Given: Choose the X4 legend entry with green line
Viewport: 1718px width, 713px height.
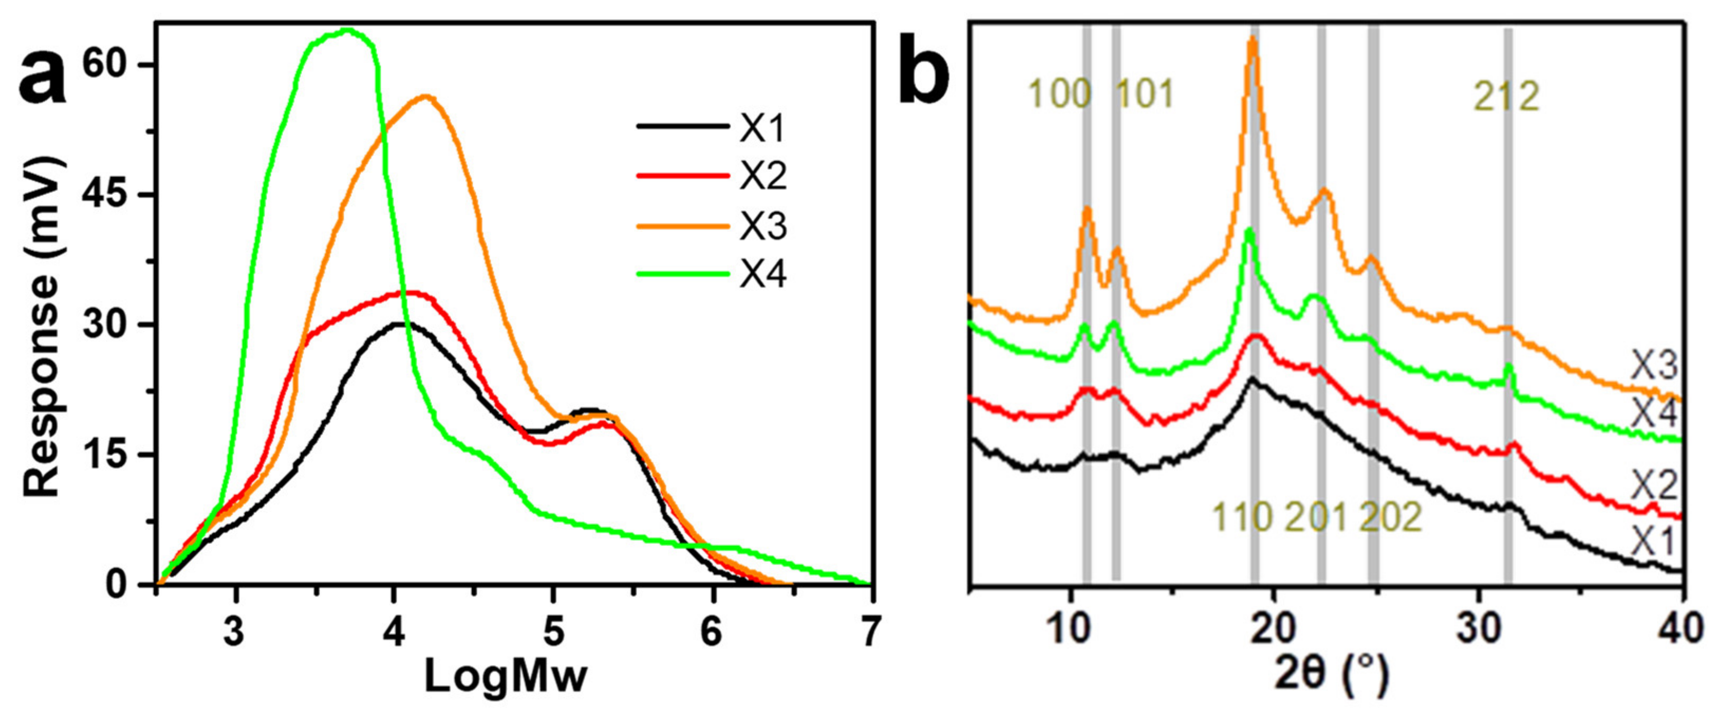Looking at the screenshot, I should pyautogui.click(x=762, y=275).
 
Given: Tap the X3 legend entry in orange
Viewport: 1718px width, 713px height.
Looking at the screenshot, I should pyautogui.click(x=762, y=226).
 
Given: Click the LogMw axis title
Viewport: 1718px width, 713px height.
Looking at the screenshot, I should pyautogui.click(x=506, y=677).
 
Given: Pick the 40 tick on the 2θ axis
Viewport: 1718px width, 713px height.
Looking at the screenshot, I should pyautogui.click(x=1682, y=631).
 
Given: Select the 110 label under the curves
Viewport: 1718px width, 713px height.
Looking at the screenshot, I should pyautogui.click(x=1243, y=517).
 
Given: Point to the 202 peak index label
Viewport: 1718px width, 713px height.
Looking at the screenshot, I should pyautogui.click(x=1390, y=517).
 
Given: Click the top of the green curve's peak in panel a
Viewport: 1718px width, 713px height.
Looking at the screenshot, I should pyautogui.click(x=346, y=30).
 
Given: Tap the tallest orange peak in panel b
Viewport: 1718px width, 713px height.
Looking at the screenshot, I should pyautogui.click(x=1253, y=40).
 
